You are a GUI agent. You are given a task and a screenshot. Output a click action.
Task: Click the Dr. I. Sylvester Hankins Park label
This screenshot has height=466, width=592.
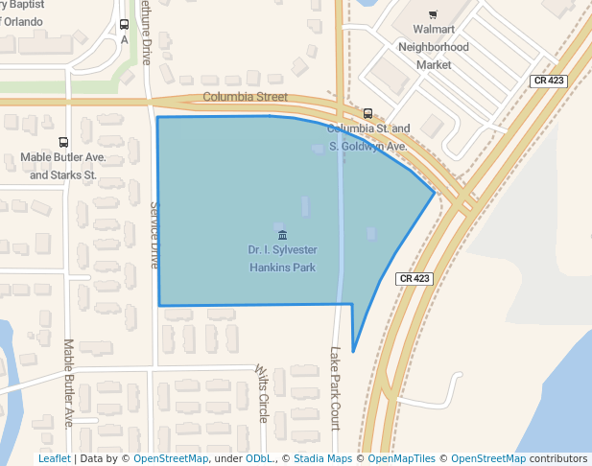[x=282, y=259]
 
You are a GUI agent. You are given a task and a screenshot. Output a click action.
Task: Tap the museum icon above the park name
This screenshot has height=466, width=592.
[x=281, y=235]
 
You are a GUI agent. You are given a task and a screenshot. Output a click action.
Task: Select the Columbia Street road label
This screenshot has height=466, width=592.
[x=245, y=97]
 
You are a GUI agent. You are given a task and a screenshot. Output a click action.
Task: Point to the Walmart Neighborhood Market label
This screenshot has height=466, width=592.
[x=434, y=47]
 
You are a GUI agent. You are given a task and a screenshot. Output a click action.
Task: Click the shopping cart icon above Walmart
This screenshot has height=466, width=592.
[x=434, y=14]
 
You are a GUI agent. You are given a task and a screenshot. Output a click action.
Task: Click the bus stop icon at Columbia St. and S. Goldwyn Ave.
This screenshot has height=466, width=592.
[x=368, y=113]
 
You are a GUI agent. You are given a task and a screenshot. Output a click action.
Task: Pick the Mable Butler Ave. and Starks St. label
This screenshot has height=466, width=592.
[x=63, y=166]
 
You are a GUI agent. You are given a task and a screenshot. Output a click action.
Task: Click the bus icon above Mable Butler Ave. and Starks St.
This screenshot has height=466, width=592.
[x=63, y=142]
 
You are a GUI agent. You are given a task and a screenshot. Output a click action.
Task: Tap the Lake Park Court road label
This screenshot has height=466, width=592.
[x=336, y=386]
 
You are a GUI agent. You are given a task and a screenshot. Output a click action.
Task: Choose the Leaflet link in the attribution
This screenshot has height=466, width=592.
[x=54, y=459]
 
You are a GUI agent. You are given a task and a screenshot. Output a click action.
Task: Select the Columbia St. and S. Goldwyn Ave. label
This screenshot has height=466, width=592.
[x=368, y=137]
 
